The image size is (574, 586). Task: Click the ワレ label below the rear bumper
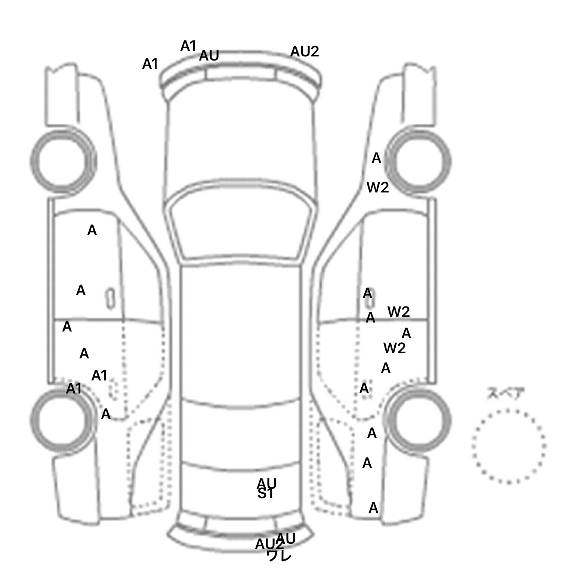coord(279,556)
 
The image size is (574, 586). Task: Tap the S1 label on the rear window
coord(265,494)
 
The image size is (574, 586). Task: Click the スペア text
coord(505,394)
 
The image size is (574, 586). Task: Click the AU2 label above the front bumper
coord(305,52)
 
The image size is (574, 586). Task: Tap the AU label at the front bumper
coord(209,56)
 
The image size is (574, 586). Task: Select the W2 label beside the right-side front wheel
coord(377,187)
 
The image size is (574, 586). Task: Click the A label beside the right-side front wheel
coord(376,158)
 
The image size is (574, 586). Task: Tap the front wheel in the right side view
coord(419,161)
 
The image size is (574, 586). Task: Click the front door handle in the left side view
coord(110,298)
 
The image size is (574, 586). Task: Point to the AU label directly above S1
coord(267,483)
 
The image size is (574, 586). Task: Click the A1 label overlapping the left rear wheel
coord(74,389)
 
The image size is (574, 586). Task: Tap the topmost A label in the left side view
coord(92,231)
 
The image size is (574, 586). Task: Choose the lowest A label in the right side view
coord(373,508)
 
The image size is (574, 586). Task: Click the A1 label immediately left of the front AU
coord(188,46)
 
